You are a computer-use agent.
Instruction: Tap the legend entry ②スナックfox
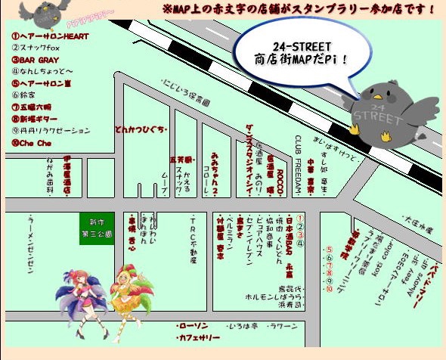tap(38, 48)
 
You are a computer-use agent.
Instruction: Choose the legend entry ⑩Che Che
tap(31, 142)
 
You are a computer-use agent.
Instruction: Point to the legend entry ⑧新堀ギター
tap(38, 119)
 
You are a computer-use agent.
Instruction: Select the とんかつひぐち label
tap(139, 129)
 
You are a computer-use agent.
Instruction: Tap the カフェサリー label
tap(197, 337)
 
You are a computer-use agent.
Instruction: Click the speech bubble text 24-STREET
tap(293, 45)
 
